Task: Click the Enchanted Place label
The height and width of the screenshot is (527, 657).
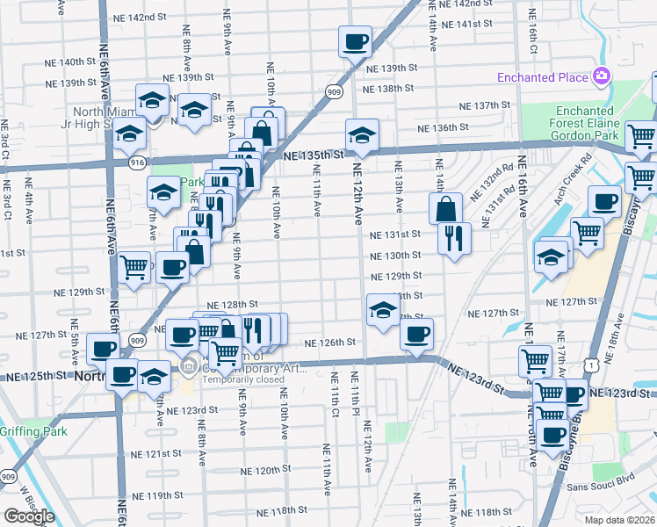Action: [x=542, y=77]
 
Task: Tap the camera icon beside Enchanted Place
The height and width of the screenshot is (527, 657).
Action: [x=602, y=76]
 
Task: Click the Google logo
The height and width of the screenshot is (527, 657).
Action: [x=28, y=516]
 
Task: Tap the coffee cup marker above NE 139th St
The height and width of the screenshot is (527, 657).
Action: [x=355, y=40]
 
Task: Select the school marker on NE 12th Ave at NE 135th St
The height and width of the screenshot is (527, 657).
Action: [x=361, y=134]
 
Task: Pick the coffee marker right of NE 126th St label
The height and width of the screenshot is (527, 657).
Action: [x=416, y=333]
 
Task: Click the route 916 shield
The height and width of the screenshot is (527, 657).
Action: [x=136, y=162]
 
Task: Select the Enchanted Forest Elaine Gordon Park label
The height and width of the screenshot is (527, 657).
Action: [x=583, y=124]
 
